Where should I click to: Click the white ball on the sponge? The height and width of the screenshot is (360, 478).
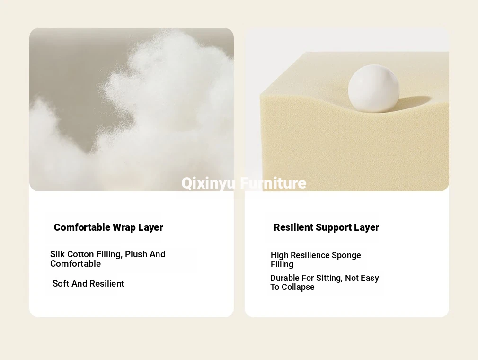click(x=374, y=88)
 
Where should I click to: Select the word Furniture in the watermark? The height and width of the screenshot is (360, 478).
click(x=273, y=183)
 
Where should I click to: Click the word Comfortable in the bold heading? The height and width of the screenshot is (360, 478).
click(x=82, y=227)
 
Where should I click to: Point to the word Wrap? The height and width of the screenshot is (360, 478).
click(x=124, y=228)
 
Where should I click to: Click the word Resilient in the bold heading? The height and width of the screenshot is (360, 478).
click(x=293, y=227)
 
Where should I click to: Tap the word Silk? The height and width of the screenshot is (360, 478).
click(x=57, y=254)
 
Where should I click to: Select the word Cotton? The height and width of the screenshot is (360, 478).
click(x=80, y=254)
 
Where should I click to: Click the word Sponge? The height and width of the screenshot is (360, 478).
click(x=346, y=256)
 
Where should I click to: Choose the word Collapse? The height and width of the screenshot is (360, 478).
click(x=298, y=288)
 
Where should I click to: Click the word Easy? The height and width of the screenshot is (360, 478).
click(x=370, y=278)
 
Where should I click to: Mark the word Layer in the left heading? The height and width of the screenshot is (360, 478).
click(x=150, y=228)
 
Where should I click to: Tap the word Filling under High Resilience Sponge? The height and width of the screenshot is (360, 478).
click(x=282, y=264)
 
